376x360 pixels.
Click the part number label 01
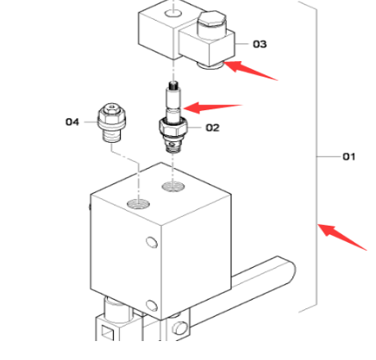coord(349,157)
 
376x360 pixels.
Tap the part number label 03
coord(260,43)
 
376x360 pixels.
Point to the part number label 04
coord(73,122)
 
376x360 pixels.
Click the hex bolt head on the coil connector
coord(210,19)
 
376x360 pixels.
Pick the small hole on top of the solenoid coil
coord(175,14)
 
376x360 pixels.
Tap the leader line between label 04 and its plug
coord(92,122)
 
